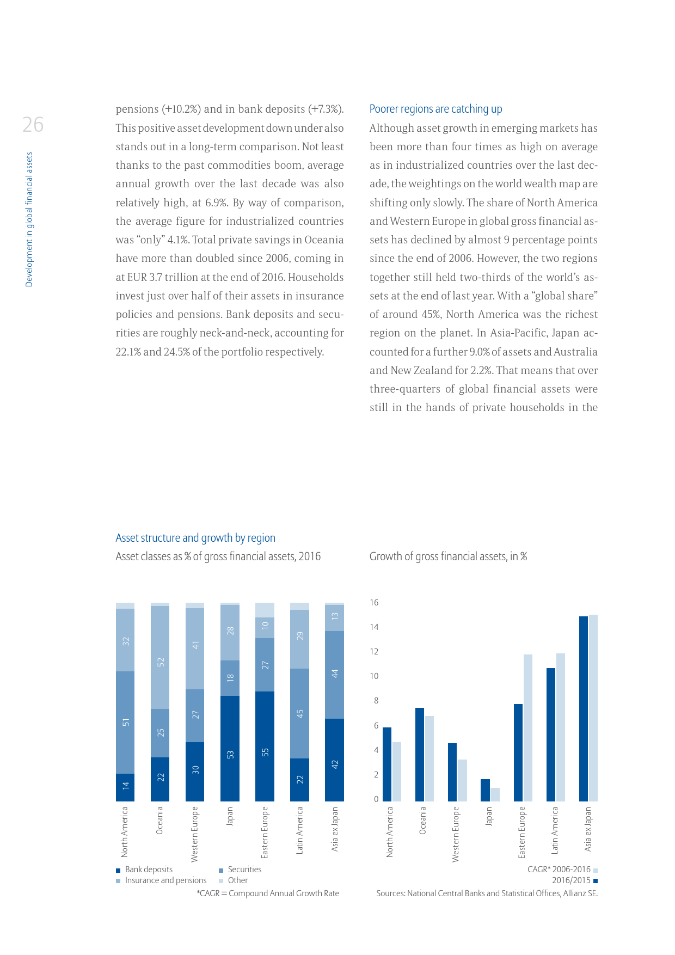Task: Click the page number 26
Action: click(x=33, y=125)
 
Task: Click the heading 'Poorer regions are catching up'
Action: click(x=435, y=109)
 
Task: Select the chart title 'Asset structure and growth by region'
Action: click(x=195, y=538)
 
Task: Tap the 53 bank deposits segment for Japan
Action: click(x=230, y=749)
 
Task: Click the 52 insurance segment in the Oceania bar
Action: click(x=160, y=657)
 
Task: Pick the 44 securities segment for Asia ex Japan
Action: click(x=334, y=675)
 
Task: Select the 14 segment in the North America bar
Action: click(x=125, y=787)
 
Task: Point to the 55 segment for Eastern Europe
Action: click(x=265, y=746)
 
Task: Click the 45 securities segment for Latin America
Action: click(x=299, y=713)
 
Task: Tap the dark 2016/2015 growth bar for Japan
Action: click(x=485, y=790)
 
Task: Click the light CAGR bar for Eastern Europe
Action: click(x=528, y=727)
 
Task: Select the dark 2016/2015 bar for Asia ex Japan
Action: click(x=584, y=708)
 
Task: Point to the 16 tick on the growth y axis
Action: click(x=374, y=603)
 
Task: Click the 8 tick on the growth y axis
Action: click(x=376, y=701)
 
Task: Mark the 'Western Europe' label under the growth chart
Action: click(x=456, y=834)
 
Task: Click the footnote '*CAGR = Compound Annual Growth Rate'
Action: click(x=268, y=893)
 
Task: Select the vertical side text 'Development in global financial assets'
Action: click(x=29, y=219)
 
